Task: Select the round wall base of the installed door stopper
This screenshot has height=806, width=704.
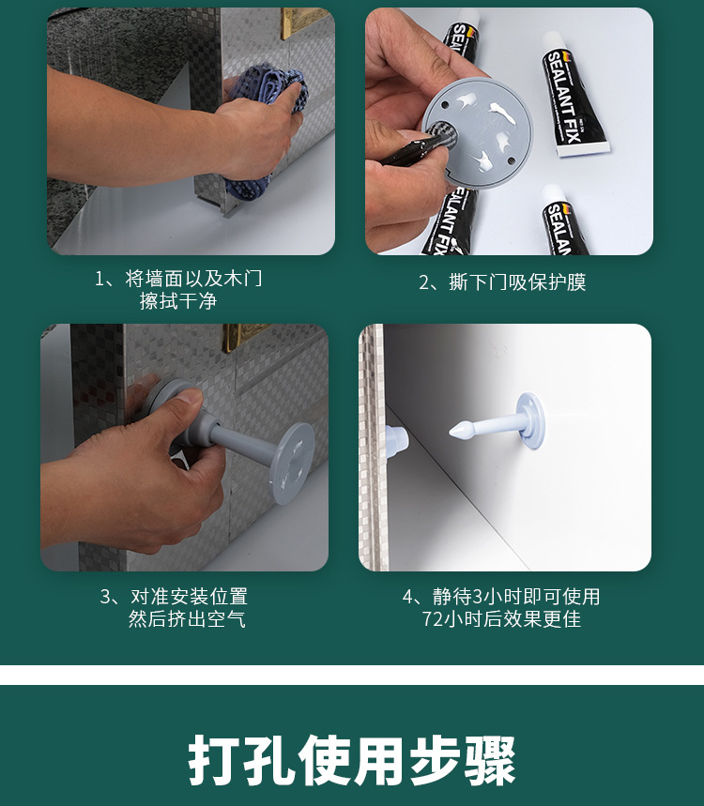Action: tap(531, 420)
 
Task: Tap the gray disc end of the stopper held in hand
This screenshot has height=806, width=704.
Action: tap(292, 463)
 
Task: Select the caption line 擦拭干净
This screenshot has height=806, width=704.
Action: tap(178, 301)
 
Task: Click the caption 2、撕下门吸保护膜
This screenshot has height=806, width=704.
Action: tap(502, 282)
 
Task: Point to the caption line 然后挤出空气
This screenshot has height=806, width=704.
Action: tap(187, 619)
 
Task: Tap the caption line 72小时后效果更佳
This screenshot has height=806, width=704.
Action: tap(501, 619)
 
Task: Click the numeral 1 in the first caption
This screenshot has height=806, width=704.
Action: tap(99, 279)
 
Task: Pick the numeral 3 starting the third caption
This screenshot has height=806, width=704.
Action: tap(105, 597)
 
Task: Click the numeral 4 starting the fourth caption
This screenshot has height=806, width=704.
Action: tap(407, 597)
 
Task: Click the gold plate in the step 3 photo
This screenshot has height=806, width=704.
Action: tap(245, 336)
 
